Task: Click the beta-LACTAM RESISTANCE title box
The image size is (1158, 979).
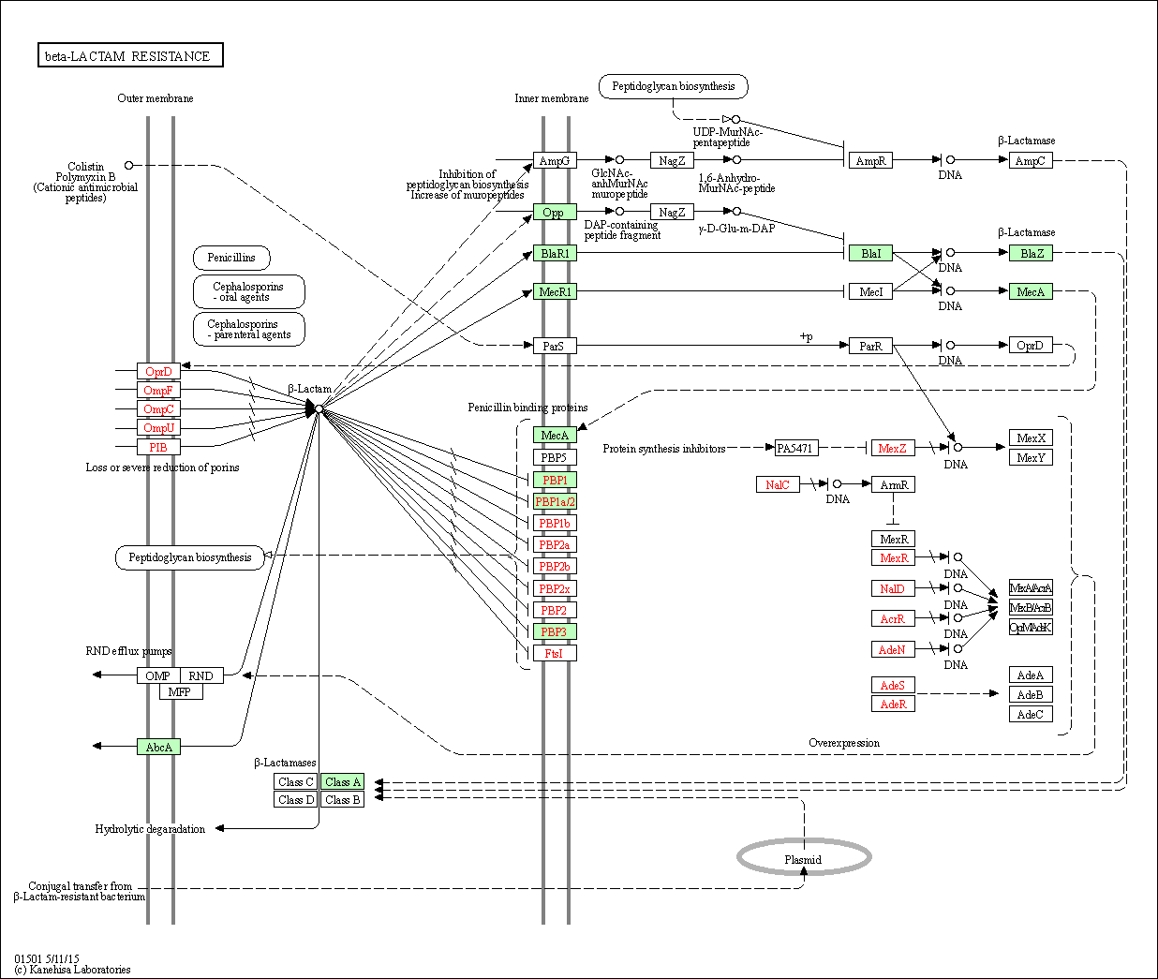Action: pyautogui.click(x=130, y=56)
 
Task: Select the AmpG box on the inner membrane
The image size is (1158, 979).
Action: pyautogui.click(x=554, y=161)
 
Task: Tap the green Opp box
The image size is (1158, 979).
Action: pyautogui.click(x=554, y=213)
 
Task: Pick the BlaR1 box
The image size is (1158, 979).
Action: pyautogui.click(x=555, y=254)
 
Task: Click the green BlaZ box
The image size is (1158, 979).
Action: pyautogui.click(x=1031, y=254)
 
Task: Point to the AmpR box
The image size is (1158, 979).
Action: pyautogui.click(x=870, y=161)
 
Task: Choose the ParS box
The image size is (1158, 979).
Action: pyautogui.click(x=554, y=347)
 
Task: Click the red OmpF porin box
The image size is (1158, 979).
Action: pyautogui.click(x=158, y=391)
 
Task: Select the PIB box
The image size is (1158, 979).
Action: pyautogui.click(x=158, y=448)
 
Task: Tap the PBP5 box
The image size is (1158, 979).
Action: pyautogui.click(x=554, y=458)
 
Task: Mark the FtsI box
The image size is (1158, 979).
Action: pyautogui.click(x=554, y=654)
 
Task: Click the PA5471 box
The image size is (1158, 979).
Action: pyautogui.click(x=795, y=449)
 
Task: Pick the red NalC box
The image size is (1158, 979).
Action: pyautogui.click(x=778, y=485)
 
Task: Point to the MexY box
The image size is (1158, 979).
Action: pyautogui.click(x=1031, y=458)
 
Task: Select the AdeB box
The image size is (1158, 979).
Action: pyautogui.click(x=1030, y=695)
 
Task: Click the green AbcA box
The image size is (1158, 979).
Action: pyautogui.click(x=158, y=748)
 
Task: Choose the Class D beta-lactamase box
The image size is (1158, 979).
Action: pyautogui.click(x=296, y=800)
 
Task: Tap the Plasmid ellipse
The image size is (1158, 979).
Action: pyautogui.click(x=804, y=857)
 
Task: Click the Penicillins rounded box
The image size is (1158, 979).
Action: pyautogui.click(x=231, y=258)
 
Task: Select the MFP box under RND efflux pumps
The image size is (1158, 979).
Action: pyautogui.click(x=180, y=692)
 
